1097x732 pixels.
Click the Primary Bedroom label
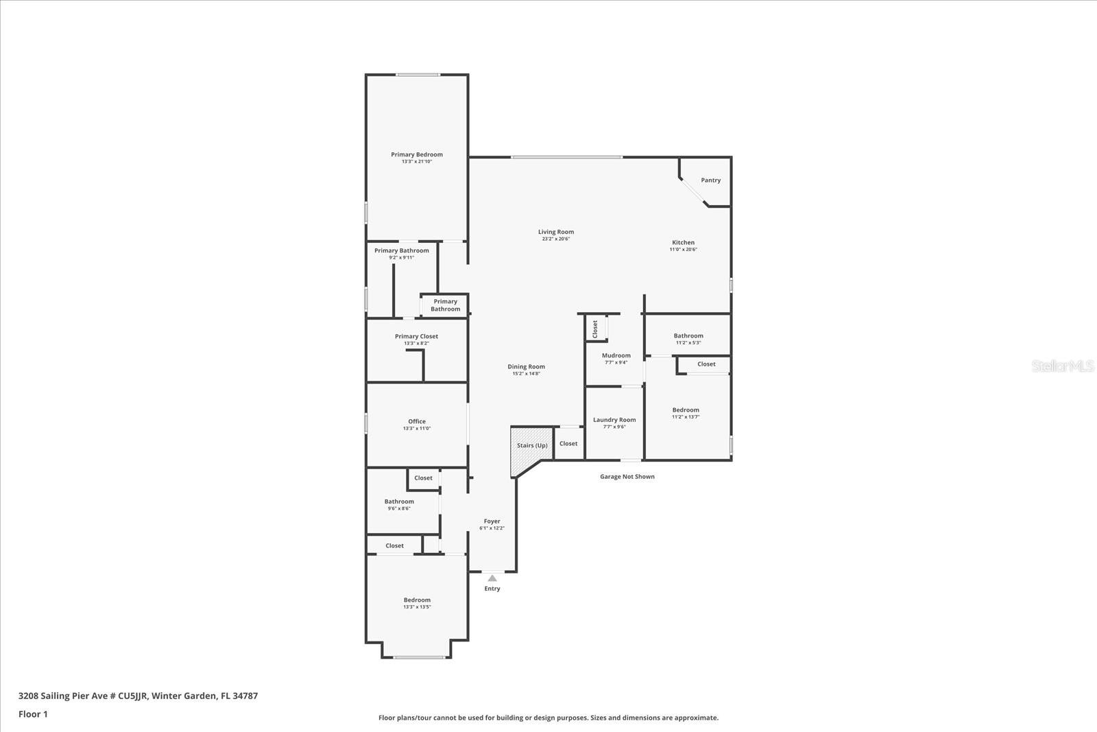pos(417,155)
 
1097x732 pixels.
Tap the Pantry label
pos(710,180)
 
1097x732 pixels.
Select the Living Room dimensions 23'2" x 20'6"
pos(555,239)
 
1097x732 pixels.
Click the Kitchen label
pos(683,242)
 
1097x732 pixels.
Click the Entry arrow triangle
pos(492,578)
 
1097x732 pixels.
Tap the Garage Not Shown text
pos(627,477)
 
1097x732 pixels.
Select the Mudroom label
pos(616,355)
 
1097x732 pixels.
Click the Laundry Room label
pos(614,420)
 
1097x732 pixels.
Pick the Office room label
pos(417,421)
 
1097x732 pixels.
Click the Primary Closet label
pos(416,336)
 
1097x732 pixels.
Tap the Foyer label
pos(492,521)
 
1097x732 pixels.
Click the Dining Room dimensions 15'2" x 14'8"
pos(526,374)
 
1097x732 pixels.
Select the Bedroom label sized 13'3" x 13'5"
pos(417,600)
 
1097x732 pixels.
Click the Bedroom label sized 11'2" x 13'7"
pos(686,410)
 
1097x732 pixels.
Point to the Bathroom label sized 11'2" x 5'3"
pos(688,336)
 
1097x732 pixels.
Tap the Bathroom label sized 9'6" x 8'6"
pos(399,501)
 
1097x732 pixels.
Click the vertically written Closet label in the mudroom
pos(595,328)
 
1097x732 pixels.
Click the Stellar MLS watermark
pos(1062,366)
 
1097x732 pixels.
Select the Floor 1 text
pos(33,714)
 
